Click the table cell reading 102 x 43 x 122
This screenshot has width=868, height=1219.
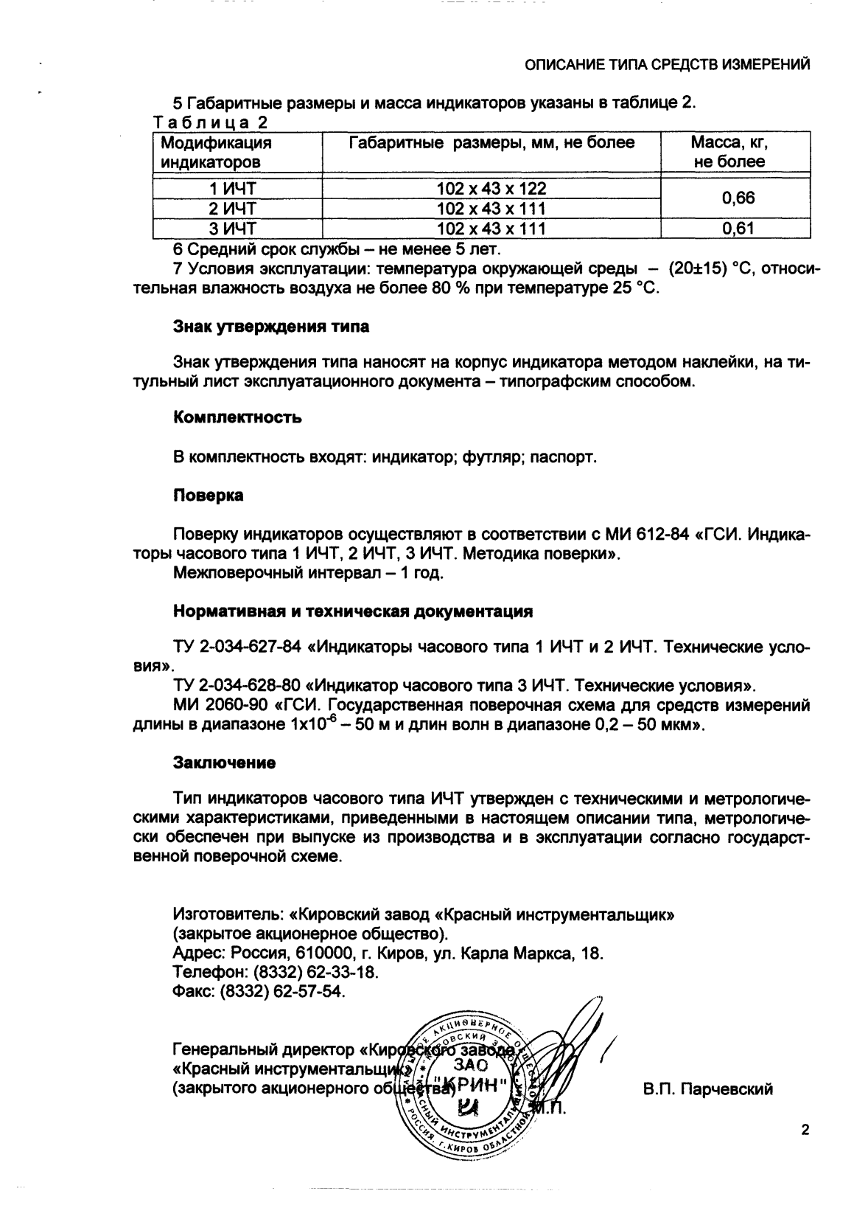491,189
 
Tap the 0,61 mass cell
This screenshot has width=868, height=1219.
738,229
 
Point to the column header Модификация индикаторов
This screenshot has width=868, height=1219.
216,152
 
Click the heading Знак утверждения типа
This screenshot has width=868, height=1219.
271,326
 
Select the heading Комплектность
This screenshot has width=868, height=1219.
237,418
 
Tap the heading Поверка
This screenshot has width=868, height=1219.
208,496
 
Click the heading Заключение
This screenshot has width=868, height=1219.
224,762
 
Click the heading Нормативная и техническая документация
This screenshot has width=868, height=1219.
353,611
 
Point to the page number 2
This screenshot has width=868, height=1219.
805,1131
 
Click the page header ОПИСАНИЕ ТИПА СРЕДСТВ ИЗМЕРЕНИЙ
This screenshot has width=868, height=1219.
668,65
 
